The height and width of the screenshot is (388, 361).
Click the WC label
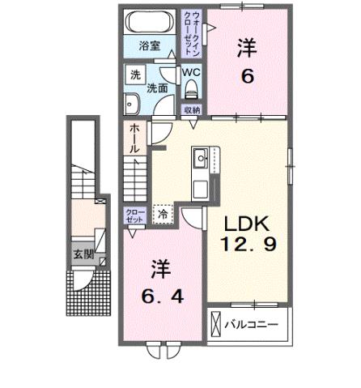(x=191, y=72)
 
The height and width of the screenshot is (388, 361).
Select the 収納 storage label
(x=191, y=109)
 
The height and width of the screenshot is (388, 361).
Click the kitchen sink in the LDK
(x=200, y=158)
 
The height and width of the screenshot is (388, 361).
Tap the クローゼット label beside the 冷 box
(x=134, y=215)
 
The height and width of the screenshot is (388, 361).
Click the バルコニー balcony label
(x=257, y=325)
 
